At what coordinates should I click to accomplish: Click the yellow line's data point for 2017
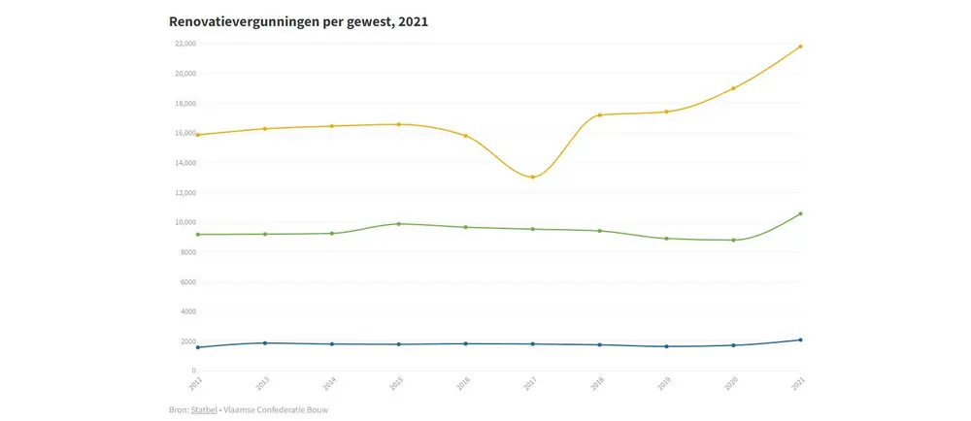pos(533,177)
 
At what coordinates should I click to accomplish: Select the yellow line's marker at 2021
pos(800,47)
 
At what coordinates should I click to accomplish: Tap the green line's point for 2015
pos(399,224)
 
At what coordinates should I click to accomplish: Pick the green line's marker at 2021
pos(800,213)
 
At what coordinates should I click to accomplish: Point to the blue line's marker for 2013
pos(265,342)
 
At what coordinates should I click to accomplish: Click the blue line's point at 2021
pos(800,340)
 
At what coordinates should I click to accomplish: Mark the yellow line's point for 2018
pos(600,115)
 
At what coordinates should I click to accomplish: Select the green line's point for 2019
pos(666,239)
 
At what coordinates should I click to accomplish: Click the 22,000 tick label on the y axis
pos(184,44)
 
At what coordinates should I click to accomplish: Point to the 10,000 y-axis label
pos(184,222)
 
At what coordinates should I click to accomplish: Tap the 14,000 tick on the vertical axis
pos(184,163)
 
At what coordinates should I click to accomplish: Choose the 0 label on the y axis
pos(193,372)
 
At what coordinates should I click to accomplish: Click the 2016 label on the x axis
pos(463,385)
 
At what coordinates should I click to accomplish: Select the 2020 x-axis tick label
pos(731,385)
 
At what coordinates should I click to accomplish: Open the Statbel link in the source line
pos(203,410)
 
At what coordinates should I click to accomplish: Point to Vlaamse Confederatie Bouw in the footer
pos(276,410)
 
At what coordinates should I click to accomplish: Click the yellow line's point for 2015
pos(399,124)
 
